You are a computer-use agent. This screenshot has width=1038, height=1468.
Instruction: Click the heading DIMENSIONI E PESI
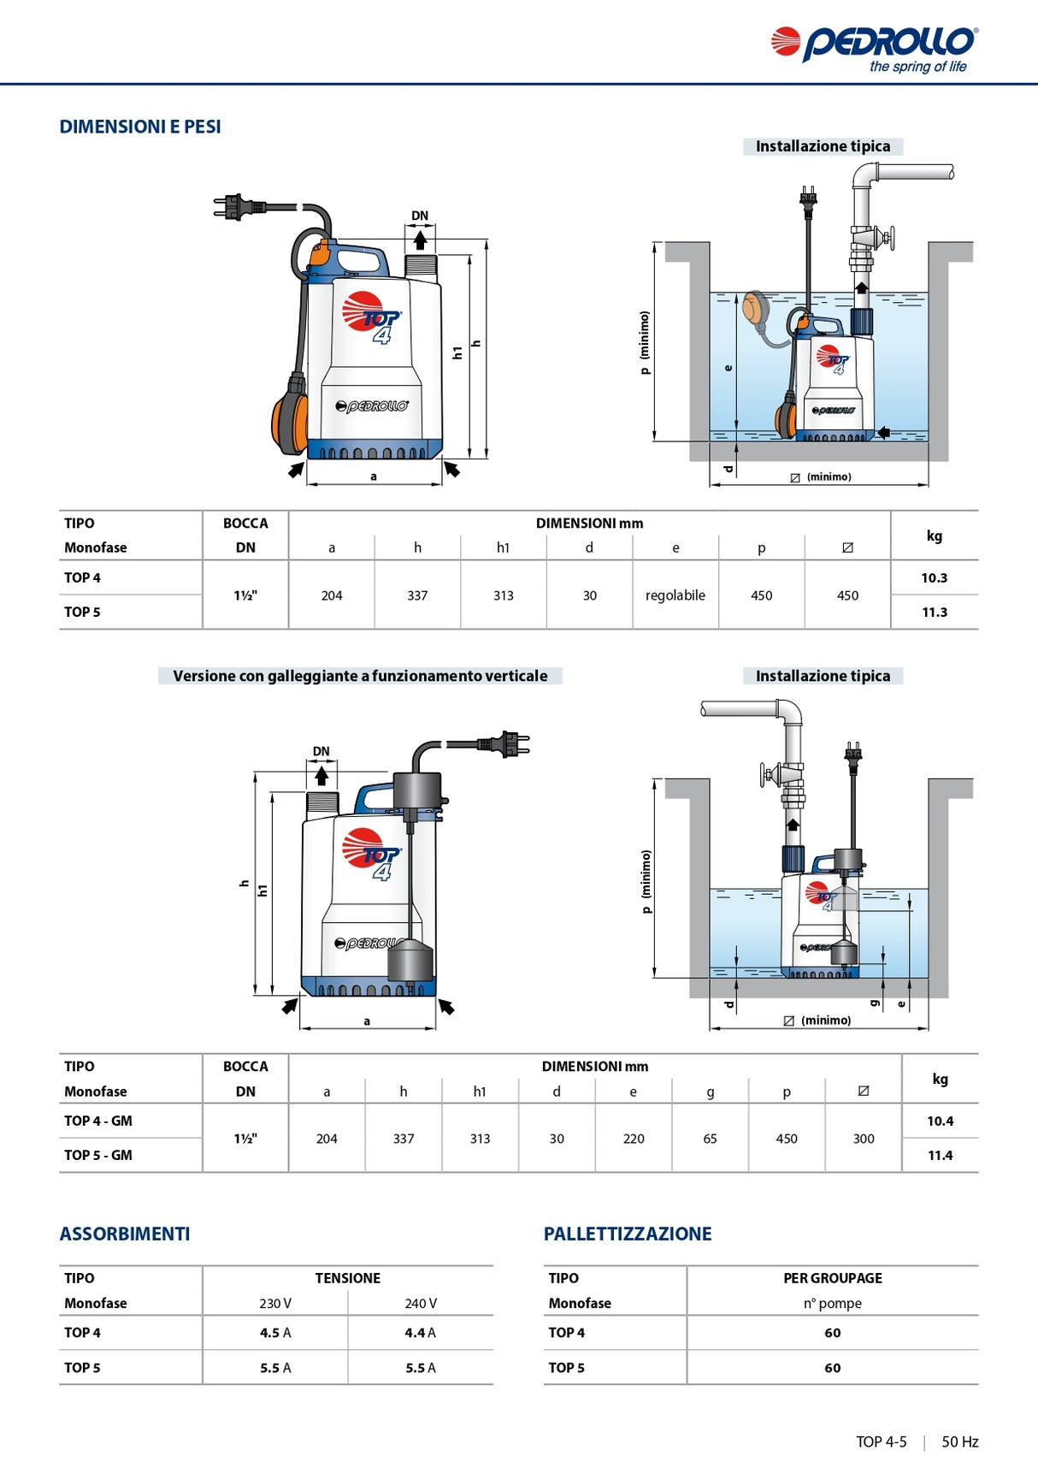140,127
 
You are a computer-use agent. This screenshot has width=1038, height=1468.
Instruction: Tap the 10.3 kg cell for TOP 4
934,577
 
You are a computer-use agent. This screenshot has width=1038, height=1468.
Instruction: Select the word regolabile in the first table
675,595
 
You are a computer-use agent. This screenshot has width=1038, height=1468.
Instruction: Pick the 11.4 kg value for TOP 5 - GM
940,1155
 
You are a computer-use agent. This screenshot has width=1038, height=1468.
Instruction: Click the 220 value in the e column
634,1139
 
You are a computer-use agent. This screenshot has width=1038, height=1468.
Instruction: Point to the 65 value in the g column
710,1139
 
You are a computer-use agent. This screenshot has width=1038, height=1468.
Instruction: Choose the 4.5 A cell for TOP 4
275,1333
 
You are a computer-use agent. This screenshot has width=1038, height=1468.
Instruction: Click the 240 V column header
421,1303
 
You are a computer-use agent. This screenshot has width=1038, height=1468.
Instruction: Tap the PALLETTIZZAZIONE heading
628,1234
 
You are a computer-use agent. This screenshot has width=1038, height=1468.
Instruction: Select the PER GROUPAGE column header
833,1278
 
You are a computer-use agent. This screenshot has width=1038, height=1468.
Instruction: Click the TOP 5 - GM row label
98,1155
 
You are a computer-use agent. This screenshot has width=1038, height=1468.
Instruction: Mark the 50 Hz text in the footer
959,1441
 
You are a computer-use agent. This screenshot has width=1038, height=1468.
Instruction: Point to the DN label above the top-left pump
420,216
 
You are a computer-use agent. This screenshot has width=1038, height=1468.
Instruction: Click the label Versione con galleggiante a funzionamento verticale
360,676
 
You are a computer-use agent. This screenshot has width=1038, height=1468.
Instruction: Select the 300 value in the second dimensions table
864,1139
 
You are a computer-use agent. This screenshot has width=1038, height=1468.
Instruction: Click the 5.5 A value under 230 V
275,1368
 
